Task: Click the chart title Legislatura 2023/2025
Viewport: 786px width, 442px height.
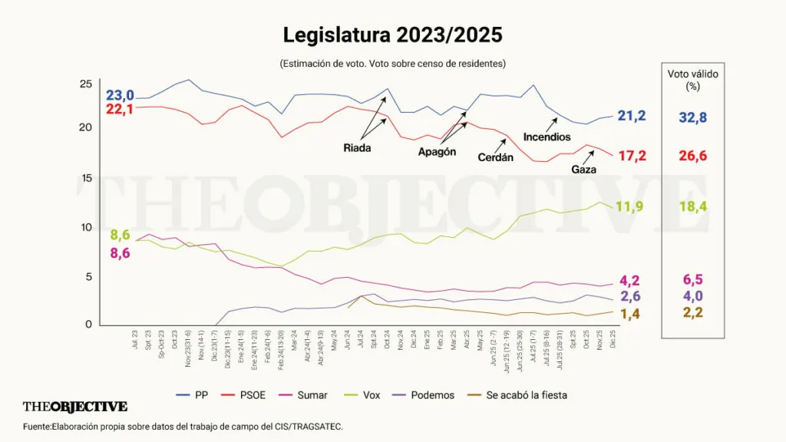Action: (392, 35)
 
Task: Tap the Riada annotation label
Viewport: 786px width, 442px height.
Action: (357, 147)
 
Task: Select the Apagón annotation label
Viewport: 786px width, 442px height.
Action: (437, 152)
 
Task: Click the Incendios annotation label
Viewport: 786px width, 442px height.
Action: (547, 137)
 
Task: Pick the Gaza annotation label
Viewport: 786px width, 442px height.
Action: (583, 170)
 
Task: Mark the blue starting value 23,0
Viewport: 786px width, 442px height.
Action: (120, 95)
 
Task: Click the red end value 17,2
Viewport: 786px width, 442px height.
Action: (632, 156)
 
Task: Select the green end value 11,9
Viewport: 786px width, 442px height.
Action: (633, 206)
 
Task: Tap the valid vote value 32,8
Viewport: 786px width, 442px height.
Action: (692, 117)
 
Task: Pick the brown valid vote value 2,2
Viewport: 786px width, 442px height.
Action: (692, 312)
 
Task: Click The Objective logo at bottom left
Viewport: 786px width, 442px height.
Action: (75, 407)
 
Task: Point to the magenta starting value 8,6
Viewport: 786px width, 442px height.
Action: (121, 252)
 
